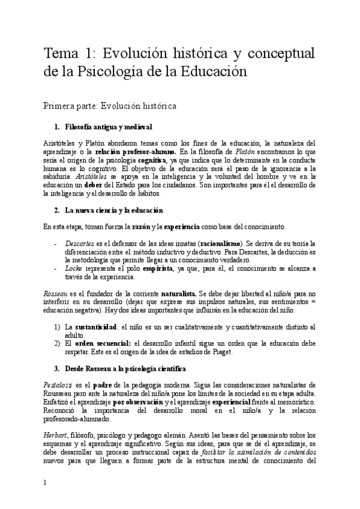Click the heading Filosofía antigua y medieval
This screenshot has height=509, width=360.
[103, 127]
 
